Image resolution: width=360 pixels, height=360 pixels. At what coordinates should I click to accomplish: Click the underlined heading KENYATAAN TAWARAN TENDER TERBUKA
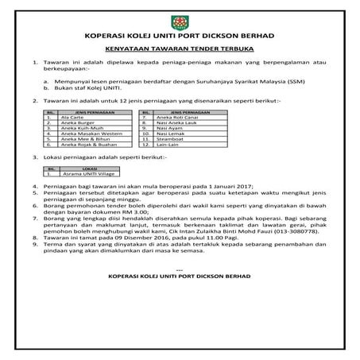click(180, 48)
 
